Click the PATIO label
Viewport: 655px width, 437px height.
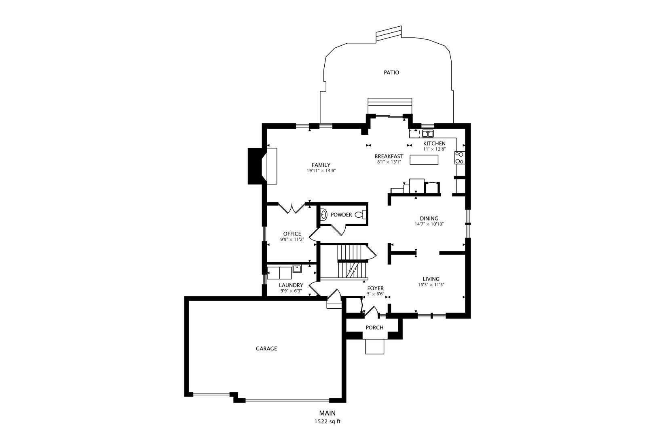pyautogui.click(x=391, y=72)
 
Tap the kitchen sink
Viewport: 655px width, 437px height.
pyautogui.click(x=428, y=134)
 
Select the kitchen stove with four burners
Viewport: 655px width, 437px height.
pyautogui.click(x=459, y=158)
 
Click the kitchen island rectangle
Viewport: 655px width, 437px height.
pyautogui.click(x=424, y=160)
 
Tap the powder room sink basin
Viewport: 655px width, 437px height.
pyautogui.click(x=324, y=215)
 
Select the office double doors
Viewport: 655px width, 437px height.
pyautogui.click(x=292, y=208)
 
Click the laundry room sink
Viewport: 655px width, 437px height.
pyautogui.click(x=297, y=269)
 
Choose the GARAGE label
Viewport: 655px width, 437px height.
pyautogui.click(x=266, y=349)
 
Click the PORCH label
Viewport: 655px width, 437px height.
pyautogui.click(x=374, y=327)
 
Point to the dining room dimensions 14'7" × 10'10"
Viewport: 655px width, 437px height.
pyautogui.click(x=429, y=225)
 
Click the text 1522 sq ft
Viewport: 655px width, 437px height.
pyautogui.click(x=327, y=422)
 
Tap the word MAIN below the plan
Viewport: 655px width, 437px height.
pyautogui.click(x=327, y=413)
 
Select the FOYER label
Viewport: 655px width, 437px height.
pyautogui.click(x=376, y=289)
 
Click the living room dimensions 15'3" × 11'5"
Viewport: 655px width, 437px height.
pyautogui.click(x=431, y=284)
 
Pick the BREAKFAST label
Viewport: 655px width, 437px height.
pyautogui.click(x=389, y=156)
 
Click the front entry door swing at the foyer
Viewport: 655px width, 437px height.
pyautogui.click(x=372, y=311)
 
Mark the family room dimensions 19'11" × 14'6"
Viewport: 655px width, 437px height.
pyautogui.click(x=321, y=171)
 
